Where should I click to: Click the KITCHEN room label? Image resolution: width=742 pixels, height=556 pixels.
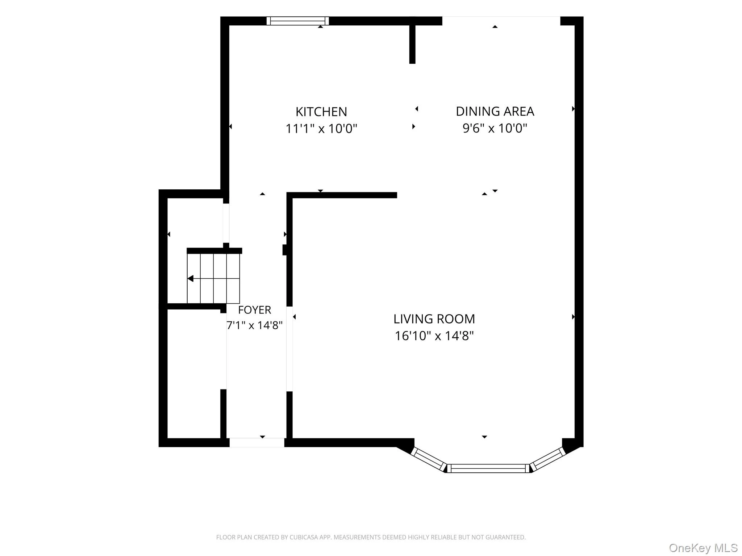[321, 112]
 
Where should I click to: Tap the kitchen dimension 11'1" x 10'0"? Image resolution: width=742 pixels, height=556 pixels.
[321, 129]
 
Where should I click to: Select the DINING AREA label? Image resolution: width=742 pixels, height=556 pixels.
[495, 111]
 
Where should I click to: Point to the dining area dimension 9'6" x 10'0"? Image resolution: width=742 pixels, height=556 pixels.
[495, 128]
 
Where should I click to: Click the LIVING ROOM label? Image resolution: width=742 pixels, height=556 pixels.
[434, 319]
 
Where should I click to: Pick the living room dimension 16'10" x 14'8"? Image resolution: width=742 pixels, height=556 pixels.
[434, 336]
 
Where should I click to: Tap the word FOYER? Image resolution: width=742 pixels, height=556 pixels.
[254, 310]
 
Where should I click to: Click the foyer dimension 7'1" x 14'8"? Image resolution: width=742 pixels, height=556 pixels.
[254, 325]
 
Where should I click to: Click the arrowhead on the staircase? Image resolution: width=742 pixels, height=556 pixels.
[190, 278]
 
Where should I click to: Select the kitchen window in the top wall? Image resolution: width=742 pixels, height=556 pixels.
[298, 21]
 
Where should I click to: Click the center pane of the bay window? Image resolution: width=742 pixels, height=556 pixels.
[488, 468]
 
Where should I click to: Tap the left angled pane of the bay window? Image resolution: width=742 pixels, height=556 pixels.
[428, 459]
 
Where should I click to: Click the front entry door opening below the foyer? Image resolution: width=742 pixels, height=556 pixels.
[257, 442]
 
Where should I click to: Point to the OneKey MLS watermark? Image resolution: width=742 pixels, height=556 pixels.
[703, 548]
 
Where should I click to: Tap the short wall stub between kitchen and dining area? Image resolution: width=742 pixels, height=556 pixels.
[412, 40]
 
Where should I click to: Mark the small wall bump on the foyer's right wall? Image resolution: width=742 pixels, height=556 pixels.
[285, 250]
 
